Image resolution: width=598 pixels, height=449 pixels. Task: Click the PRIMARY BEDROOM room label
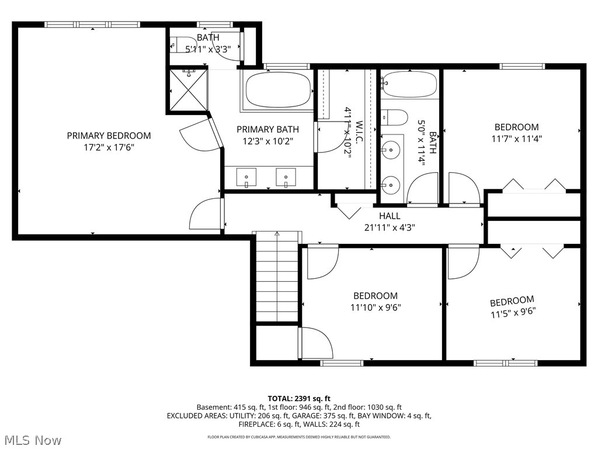pyautogui.click(x=109, y=136)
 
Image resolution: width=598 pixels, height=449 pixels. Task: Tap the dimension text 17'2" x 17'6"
pyautogui.click(x=109, y=147)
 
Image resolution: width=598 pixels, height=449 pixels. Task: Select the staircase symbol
pyautogui.click(x=277, y=277)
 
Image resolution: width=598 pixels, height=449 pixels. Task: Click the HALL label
pyautogui.click(x=390, y=216)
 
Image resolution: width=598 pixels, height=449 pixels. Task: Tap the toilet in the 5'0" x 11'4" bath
pyautogui.click(x=397, y=118)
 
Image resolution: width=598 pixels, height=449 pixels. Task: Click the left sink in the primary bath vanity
pyautogui.click(x=247, y=176)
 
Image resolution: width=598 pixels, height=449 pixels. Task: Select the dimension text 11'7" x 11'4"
pyautogui.click(x=516, y=139)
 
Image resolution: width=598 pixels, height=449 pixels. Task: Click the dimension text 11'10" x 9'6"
pyautogui.click(x=376, y=307)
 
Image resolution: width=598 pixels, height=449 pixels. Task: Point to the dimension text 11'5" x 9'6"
pyautogui.click(x=512, y=312)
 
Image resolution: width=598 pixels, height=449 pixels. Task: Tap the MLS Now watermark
pyautogui.click(x=33, y=440)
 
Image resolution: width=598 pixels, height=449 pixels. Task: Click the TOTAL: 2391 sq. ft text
pyautogui.click(x=298, y=398)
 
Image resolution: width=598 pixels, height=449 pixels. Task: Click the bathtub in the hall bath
pyautogui.click(x=409, y=84)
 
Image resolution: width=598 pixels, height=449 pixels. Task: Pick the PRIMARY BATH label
pyautogui.click(x=267, y=129)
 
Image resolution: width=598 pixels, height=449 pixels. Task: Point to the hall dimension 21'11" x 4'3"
pyautogui.click(x=390, y=227)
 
